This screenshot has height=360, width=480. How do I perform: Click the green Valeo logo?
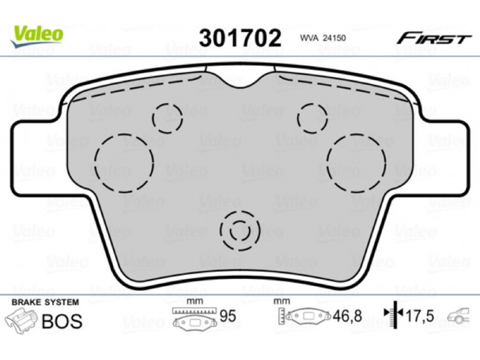pos(37,36)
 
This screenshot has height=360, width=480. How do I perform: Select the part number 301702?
pos(240,38)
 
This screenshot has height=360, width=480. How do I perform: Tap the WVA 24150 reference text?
pos(323,38)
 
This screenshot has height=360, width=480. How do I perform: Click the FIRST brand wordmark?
pos(433,38)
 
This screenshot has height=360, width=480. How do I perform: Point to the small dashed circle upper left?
pos(168,118)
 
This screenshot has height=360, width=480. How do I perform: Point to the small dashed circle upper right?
pos(313,118)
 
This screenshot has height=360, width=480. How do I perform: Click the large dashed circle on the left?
pos(124,163)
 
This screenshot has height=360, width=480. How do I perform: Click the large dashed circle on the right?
pos(356,163)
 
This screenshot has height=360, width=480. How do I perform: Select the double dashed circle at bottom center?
pos(240,230)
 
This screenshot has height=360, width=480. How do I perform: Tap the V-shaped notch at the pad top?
pos(241,80)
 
